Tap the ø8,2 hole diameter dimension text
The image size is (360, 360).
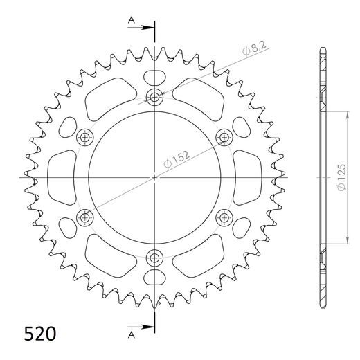[254, 49]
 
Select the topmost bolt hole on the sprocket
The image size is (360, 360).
[154, 96]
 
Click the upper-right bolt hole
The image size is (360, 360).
[224, 136]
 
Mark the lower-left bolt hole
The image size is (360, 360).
[84, 217]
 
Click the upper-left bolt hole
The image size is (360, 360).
[84, 136]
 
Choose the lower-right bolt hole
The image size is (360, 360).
[224, 217]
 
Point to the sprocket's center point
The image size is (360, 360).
[154, 177]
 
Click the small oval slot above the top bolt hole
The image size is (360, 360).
[154, 75]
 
